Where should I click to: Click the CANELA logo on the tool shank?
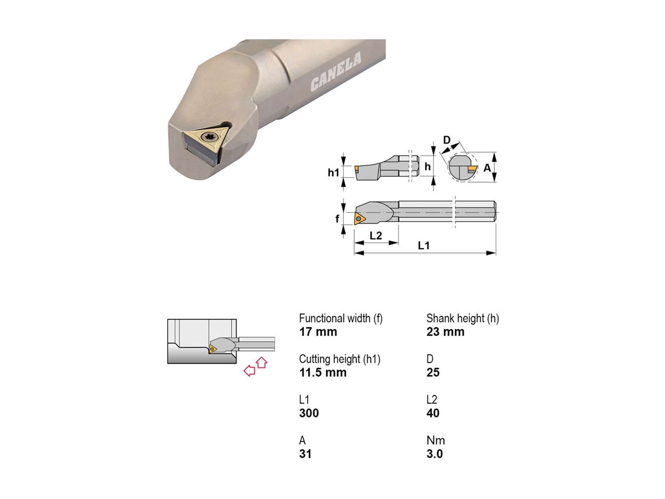click(x=336, y=72)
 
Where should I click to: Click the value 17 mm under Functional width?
click(x=318, y=332)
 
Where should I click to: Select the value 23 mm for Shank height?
click(x=445, y=332)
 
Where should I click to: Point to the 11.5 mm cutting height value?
click(x=323, y=372)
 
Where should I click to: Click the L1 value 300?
click(x=309, y=413)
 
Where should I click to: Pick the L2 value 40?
click(x=433, y=413)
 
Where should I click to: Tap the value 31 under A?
click(x=305, y=454)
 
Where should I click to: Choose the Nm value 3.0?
click(x=434, y=454)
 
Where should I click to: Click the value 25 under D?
click(x=433, y=372)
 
